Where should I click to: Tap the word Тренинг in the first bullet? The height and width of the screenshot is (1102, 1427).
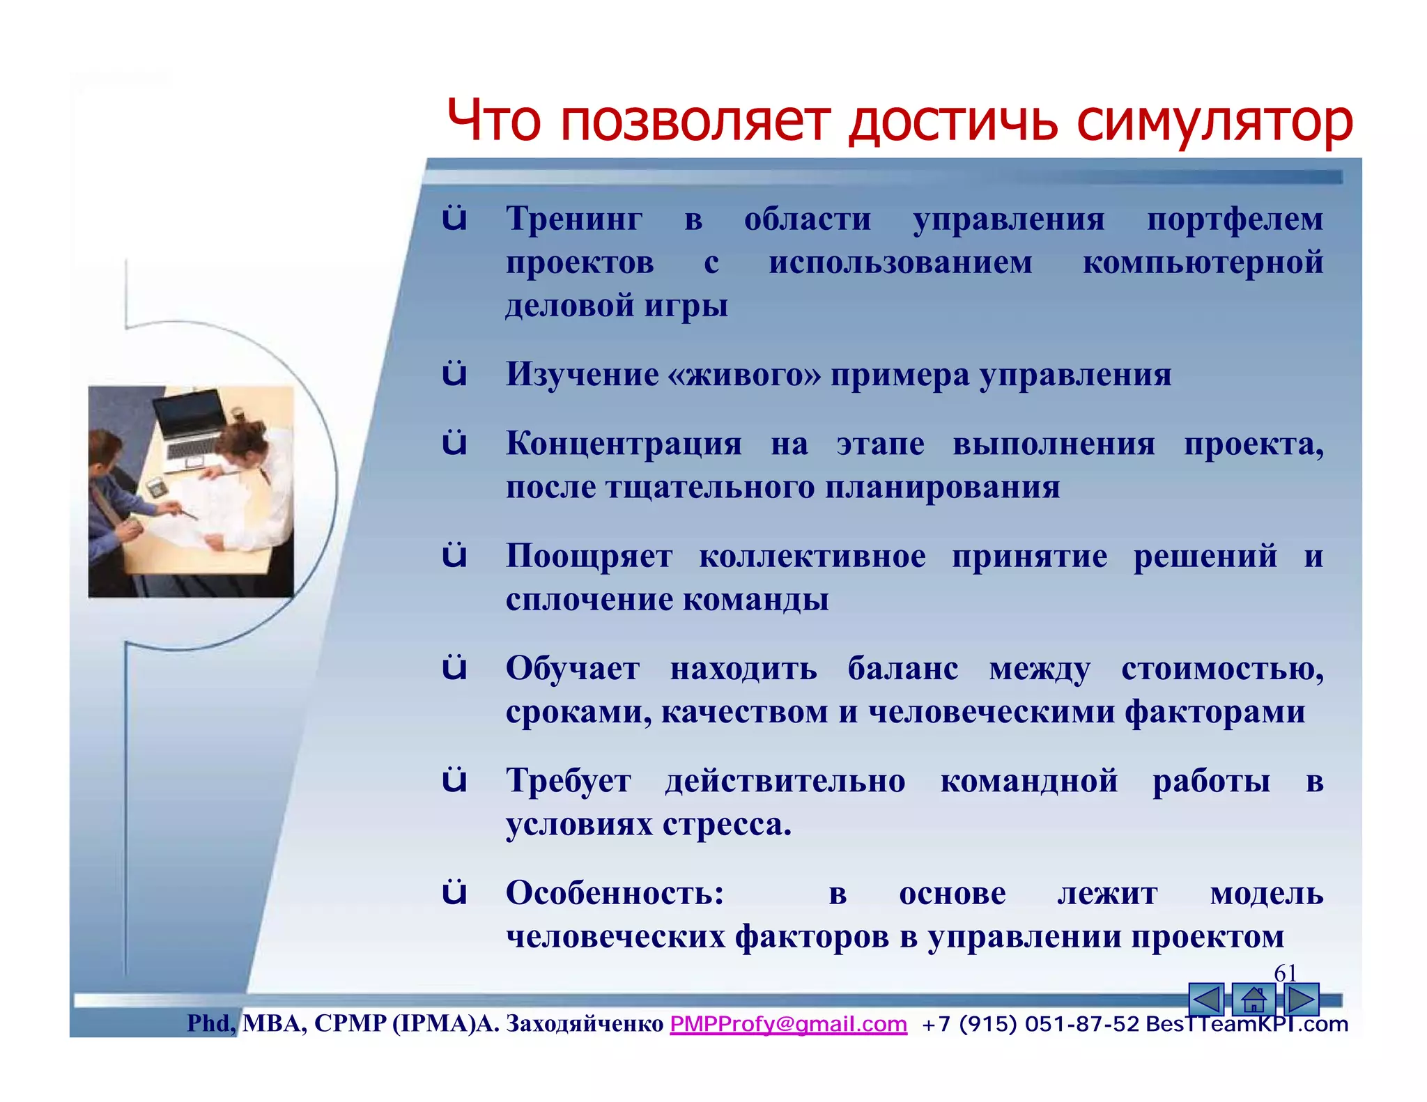pyautogui.click(x=574, y=219)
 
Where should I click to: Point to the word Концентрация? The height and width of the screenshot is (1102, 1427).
pyautogui.click(x=624, y=444)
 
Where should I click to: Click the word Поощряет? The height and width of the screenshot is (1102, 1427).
pyautogui.click(x=589, y=557)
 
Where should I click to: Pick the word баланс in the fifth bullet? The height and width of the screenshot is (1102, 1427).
pyautogui.click(x=902, y=669)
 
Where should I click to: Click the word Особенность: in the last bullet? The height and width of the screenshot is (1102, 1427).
pyautogui.click(x=615, y=894)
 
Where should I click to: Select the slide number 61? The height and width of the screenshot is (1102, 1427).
pyautogui.click(x=1285, y=973)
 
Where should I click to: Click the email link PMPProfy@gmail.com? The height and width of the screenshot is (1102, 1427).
pyautogui.click(x=788, y=1024)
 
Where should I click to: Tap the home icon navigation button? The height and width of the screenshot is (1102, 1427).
pyautogui.click(x=1253, y=1000)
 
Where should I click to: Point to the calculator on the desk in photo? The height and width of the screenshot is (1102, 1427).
pyautogui.click(x=156, y=487)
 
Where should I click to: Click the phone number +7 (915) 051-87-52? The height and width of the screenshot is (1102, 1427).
pyautogui.click(x=1030, y=1024)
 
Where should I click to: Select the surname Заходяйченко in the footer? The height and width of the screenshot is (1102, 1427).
pyautogui.click(x=584, y=1024)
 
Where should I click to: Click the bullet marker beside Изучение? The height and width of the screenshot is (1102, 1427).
pyautogui.click(x=454, y=374)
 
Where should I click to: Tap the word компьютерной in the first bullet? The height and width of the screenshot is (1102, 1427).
pyautogui.click(x=1202, y=263)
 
